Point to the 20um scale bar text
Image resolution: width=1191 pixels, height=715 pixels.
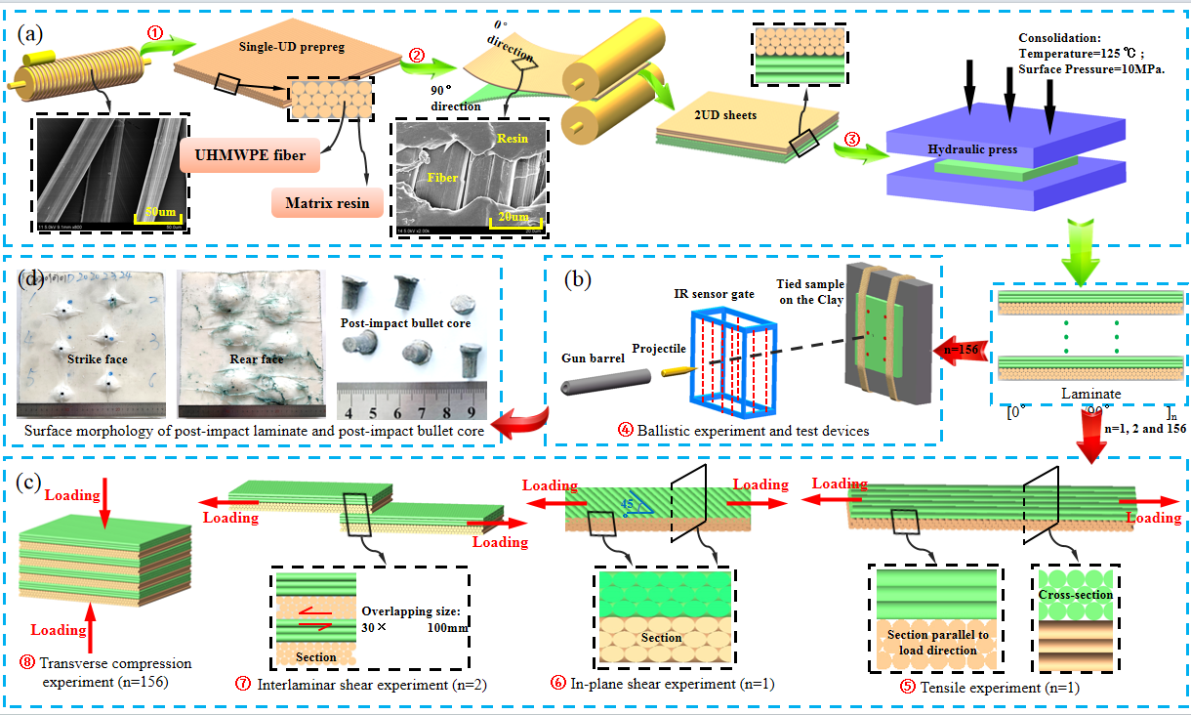click(x=510, y=217)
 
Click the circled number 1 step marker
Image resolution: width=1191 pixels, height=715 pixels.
click(x=154, y=32)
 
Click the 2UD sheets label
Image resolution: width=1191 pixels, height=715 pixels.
click(x=719, y=115)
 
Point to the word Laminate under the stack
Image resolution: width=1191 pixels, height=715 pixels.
click(x=1086, y=395)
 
